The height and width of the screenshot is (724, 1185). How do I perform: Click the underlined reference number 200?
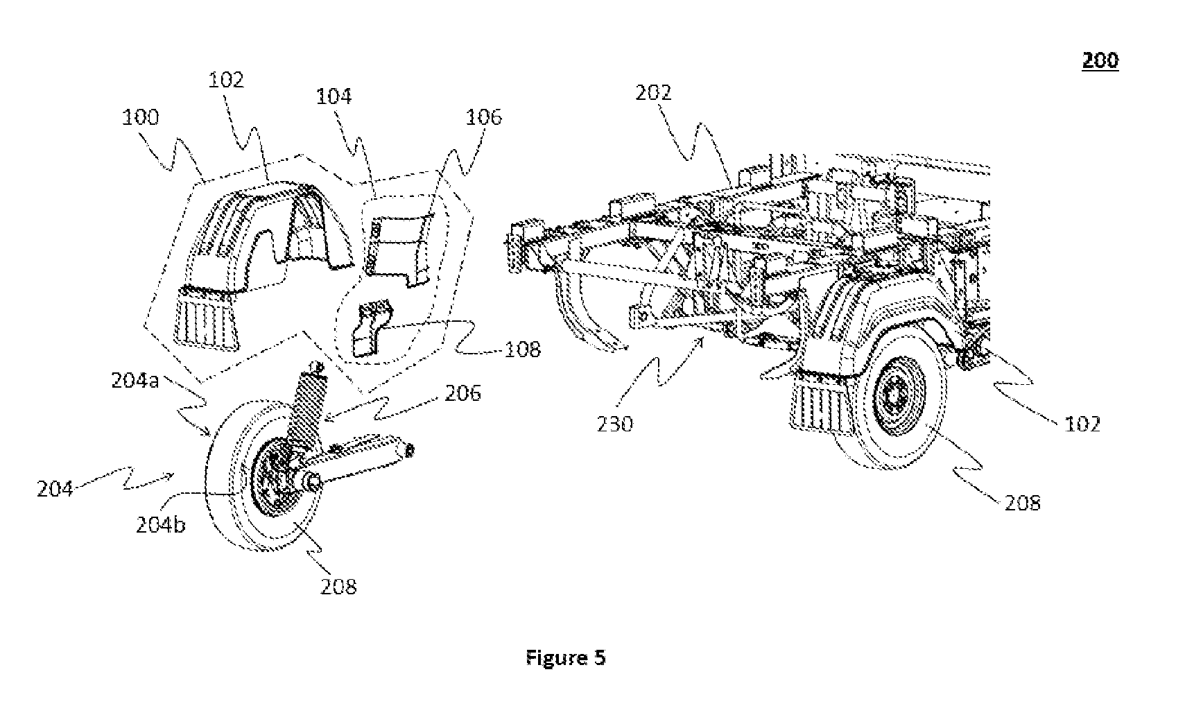[1100, 60]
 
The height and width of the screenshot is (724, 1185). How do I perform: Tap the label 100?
[140, 117]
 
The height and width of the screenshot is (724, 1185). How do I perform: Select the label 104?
[334, 96]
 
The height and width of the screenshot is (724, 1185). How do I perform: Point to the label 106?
[483, 117]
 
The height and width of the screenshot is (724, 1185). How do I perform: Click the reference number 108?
[523, 350]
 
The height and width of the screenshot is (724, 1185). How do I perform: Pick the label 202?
[653, 93]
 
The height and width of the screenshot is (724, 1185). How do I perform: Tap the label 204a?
[135, 381]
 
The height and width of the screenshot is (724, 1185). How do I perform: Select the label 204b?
[161, 524]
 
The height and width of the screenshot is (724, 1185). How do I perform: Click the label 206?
[463, 393]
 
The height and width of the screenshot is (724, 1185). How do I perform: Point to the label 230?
[615, 424]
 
